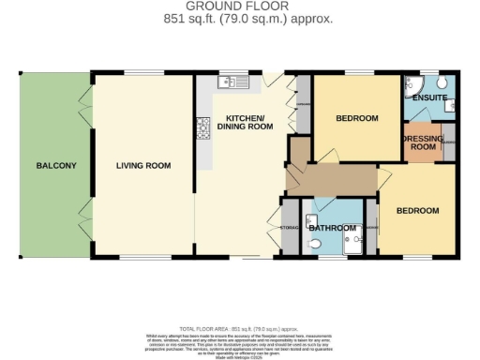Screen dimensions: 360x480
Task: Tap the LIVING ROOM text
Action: tap(143, 166)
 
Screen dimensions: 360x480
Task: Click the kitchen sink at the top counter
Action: tap(232, 82)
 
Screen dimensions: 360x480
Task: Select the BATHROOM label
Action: tap(333, 228)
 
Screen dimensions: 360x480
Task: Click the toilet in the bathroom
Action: tap(316, 244)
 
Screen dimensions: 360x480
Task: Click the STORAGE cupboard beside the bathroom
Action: tap(290, 228)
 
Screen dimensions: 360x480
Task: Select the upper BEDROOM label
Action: tap(356, 118)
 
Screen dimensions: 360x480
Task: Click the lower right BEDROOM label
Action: tap(417, 211)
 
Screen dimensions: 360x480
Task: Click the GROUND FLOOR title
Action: tap(240, 7)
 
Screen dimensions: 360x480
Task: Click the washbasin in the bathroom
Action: tap(310, 221)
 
